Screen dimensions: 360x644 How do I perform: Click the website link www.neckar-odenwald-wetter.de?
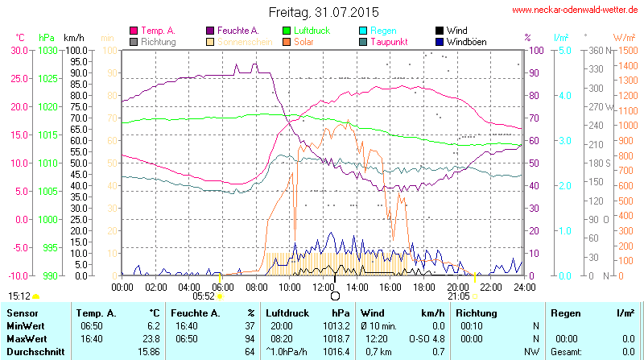(x=575, y=10)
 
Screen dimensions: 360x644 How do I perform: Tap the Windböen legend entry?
(x=465, y=42)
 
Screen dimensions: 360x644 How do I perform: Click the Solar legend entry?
(x=303, y=42)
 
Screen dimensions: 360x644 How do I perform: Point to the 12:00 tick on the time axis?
(x=323, y=287)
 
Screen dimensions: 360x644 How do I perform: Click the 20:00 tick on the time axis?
(x=457, y=287)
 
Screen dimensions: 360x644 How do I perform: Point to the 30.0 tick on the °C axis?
(x=19, y=50)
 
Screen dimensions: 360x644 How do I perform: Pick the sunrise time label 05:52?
(x=204, y=296)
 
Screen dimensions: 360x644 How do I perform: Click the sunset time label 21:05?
(x=459, y=296)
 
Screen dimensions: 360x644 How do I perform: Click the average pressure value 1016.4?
(x=340, y=352)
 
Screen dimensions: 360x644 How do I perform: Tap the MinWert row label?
(x=24, y=325)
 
